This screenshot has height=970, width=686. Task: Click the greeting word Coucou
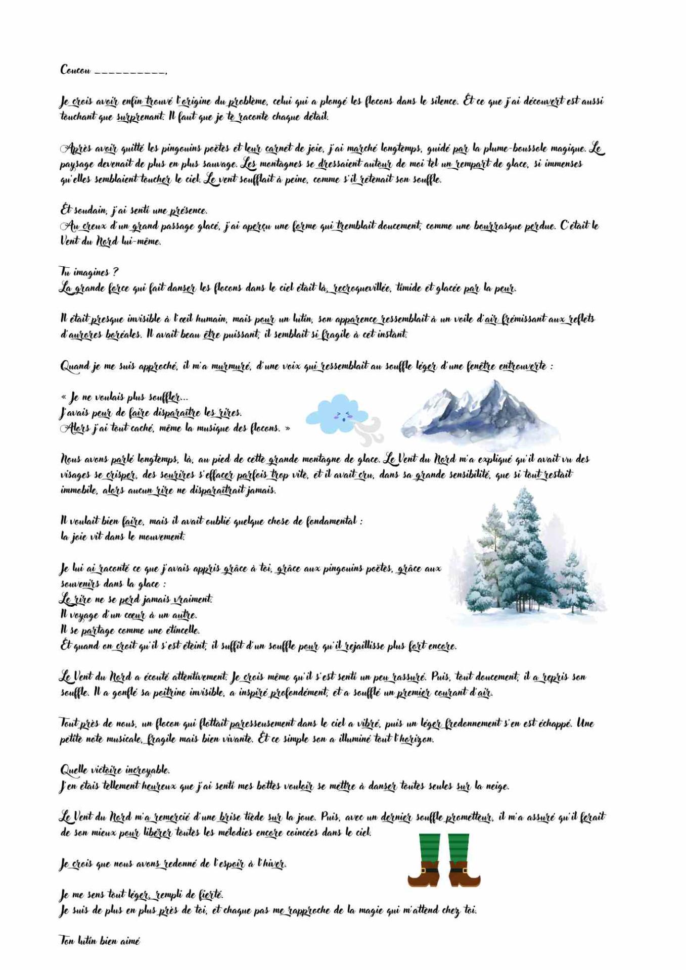(x=75, y=70)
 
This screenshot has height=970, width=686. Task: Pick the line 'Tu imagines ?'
(x=89, y=272)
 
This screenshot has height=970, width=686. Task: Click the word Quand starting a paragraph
(x=74, y=366)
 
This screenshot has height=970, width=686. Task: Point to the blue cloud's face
(x=342, y=416)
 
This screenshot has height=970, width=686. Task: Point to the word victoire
(x=106, y=770)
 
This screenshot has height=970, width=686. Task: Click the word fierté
(x=209, y=895)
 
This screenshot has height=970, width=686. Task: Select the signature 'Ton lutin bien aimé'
(x=100, y=941)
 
